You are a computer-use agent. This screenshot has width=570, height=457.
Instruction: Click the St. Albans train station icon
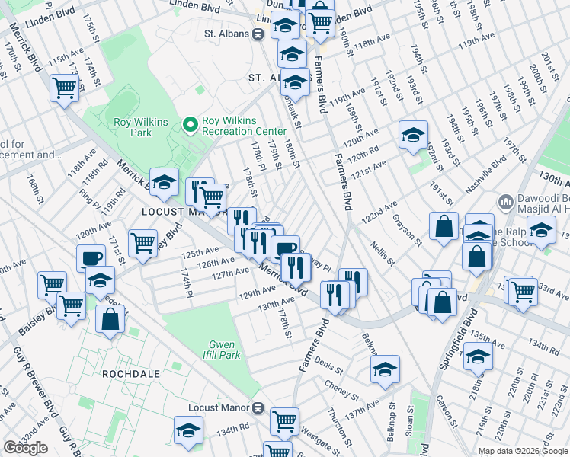click(259, 34)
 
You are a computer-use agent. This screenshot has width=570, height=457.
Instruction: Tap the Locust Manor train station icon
click(259, 407)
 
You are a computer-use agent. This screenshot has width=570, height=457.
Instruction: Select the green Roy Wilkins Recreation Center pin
click(189, 123)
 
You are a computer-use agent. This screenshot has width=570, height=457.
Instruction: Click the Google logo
click(25, 448)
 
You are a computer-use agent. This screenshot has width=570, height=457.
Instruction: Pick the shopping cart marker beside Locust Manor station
click(284, 419)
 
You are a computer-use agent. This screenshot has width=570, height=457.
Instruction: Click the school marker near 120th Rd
click(413, 135)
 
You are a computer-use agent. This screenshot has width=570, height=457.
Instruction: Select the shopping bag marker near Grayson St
click(444, 226)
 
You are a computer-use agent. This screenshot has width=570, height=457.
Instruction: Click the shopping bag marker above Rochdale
click(110, 318)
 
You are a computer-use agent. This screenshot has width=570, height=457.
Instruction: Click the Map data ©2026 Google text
click(523, 451)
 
